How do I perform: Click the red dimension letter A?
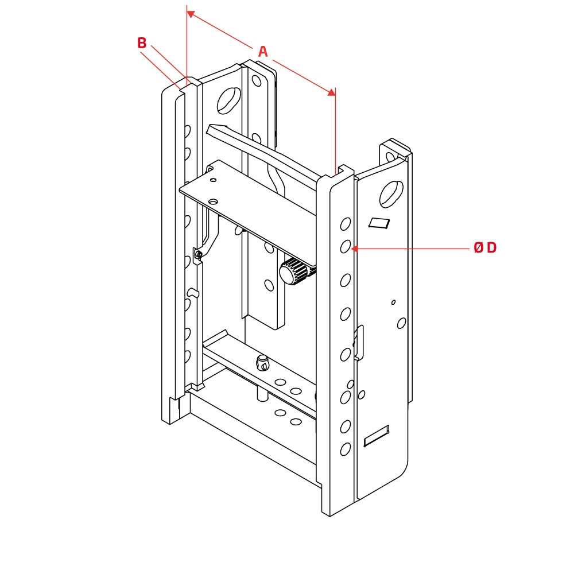tap(263, 52)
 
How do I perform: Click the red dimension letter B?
tap(142, 43)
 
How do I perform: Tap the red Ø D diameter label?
tap(485, 248)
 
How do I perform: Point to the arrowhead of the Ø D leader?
tap(354, 249)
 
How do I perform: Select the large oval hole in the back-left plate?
tap(229, 100)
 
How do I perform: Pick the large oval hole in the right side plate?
tap(391, 193)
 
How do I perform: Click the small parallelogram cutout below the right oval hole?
tap(378, 223)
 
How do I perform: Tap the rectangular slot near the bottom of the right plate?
tap(377, 436)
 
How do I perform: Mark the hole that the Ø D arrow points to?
tap(346, 247)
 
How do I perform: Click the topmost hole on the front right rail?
tap(346, 223)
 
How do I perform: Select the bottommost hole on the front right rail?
tap(345, 449)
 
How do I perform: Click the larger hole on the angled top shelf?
tap(213, 201)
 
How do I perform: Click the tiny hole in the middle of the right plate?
tap(393, 302)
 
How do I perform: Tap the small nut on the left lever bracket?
tap(199, 254)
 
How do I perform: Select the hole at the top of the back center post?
tap(257, 81)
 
